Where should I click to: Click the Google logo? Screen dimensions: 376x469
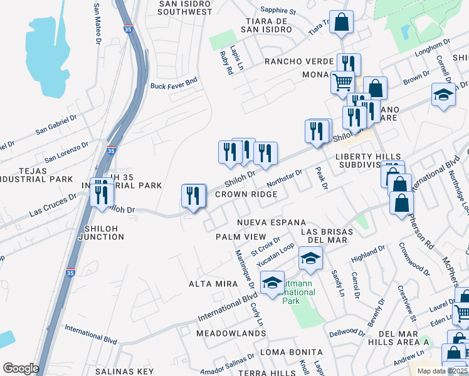[21, 368]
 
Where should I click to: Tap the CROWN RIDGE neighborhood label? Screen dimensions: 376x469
[246, 194]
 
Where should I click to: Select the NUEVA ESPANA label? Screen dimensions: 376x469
[271, 222]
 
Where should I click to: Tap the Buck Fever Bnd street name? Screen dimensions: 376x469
[174, 81]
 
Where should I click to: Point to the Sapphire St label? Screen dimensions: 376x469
[278, 11]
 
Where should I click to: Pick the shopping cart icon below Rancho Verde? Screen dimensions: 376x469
[342, 81]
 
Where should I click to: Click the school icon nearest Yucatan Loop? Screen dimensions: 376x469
[310, 258]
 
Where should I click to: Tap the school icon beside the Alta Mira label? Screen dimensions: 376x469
[272, 283]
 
